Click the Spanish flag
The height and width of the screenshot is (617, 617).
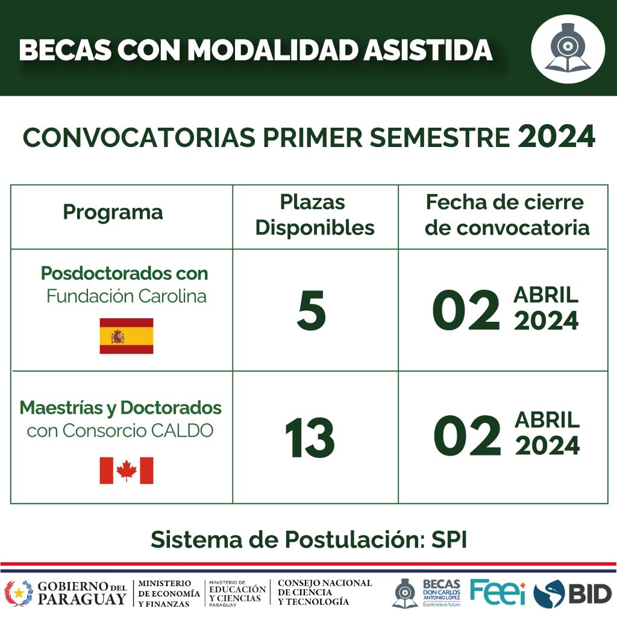pos(127,336)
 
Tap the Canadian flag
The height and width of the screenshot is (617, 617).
pos(127,470)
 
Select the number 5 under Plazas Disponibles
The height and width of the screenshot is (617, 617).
pos(312,310)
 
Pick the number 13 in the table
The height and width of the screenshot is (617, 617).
pos(310,437)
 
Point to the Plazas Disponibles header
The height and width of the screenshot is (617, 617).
pos(315,215)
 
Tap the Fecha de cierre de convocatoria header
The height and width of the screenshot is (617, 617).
pos(507,215)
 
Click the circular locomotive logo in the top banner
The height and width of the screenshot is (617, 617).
pos(568,49)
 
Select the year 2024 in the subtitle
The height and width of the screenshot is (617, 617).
pos(556,137)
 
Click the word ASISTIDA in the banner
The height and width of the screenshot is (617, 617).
pos(427,50)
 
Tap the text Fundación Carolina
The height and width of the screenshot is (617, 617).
pos(127,296)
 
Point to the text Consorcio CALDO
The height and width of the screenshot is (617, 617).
pos(138,430)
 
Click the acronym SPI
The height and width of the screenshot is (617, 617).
pos(449,539)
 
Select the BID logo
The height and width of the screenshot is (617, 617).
pos(572,594)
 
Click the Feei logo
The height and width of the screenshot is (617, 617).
pos(498,592)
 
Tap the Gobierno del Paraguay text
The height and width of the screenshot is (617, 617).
pos(82,593)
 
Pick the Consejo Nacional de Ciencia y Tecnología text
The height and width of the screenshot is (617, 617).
pos(325,592)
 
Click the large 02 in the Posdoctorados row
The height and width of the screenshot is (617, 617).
pos(466,310)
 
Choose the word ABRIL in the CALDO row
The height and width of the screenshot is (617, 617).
pos(547,420)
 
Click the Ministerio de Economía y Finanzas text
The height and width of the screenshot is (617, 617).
pos(169,593)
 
